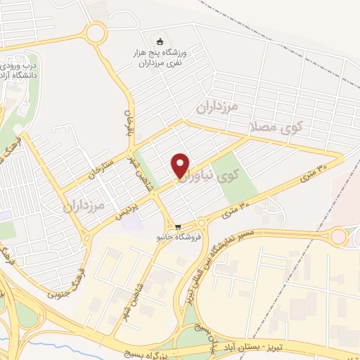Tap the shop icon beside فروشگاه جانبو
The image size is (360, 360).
coord(179,227)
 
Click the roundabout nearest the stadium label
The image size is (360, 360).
coord(94,32)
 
